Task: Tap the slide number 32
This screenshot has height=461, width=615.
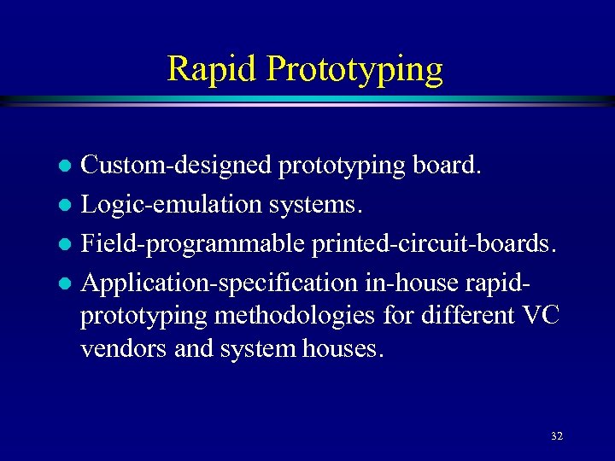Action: [556, 436]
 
